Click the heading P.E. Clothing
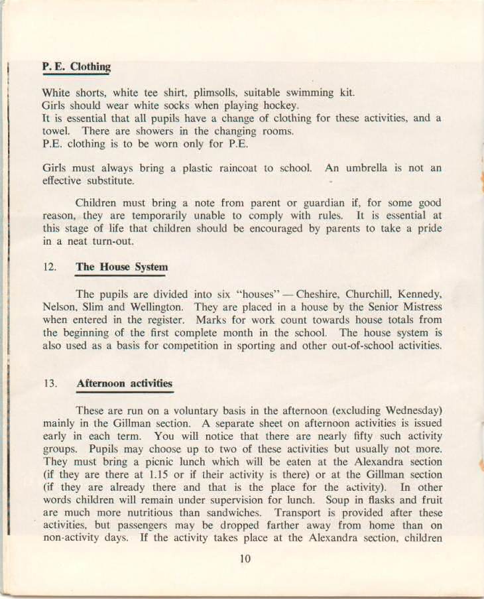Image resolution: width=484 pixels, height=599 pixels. click(x=76, y=67)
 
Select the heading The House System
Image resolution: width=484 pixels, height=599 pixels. click(x=121, y=267)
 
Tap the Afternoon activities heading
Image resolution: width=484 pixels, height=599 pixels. click(x=124, y=383)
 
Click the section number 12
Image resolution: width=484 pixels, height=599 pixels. click(x=49, y=267)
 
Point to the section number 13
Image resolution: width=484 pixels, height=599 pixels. click(x=49, y=384)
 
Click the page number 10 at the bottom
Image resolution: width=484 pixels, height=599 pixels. click(x=245, y=559)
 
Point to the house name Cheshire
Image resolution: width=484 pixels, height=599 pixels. click(x=320, y=294)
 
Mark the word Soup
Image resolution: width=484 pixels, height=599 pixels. click(x=338, y=500)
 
